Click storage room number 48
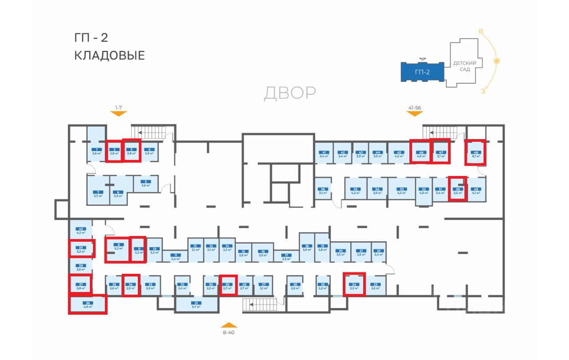click(x=475, y=152)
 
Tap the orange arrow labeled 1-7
click(x=118, y=113)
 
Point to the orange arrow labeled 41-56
click(x=414, y=113)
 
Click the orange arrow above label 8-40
click(x=228, y=325)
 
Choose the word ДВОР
click(x=290, y=93)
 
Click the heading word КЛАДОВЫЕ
click(x=109, y=56)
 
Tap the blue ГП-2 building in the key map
click(x=422, y=72)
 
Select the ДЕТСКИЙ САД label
click(x=465, y=66)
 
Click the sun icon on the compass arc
click(x=497, y=61)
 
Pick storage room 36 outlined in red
click(x=88, y=304)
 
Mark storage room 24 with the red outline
click(x=354, y=284)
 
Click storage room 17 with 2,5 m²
click(x=286, y=256)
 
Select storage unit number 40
click(x=80, y=230)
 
